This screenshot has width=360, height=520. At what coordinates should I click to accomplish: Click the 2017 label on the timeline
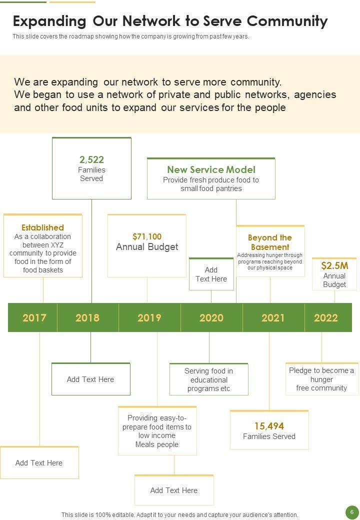point(34,317)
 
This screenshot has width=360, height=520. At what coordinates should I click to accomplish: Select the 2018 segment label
point(87,317)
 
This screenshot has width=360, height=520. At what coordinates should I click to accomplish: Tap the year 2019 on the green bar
point(149,317)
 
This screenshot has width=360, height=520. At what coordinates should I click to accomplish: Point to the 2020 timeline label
point(211,317)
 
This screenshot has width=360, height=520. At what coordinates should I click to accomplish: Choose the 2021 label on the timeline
point(273,317)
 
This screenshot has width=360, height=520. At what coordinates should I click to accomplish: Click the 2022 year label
point(326,317)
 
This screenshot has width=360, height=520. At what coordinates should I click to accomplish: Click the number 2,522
point(91,160)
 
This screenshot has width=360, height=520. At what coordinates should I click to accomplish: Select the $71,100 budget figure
point(147,236)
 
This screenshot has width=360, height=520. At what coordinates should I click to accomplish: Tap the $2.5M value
point(334,265)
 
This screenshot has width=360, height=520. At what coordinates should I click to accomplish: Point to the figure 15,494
point(269,426)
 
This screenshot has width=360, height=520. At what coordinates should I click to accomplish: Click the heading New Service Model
point(211,169)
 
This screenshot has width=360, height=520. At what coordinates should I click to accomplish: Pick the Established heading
point(43,227)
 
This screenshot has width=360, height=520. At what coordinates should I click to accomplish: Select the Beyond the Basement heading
point(270,242)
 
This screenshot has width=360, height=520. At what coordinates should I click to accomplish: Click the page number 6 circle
point(352,512)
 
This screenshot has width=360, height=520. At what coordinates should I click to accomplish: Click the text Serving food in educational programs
point(208,379)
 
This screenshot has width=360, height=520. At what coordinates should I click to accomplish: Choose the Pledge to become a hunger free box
point(321,379)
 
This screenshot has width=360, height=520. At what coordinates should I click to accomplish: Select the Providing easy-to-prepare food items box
point(157,431)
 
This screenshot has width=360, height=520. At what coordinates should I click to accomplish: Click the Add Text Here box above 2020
point(211,274)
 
